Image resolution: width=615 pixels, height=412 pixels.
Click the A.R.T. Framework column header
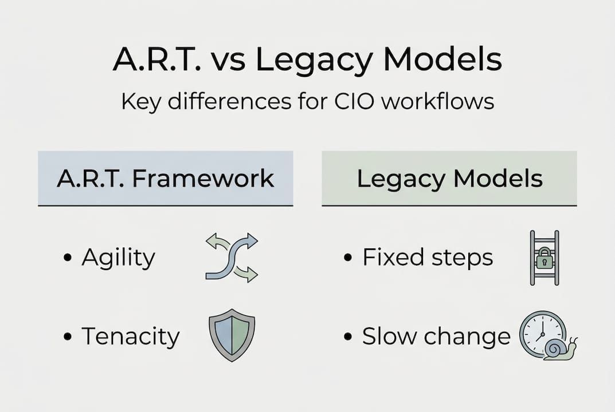click(x=165, y=179)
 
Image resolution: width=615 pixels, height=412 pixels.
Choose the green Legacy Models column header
click(x=449, y=179)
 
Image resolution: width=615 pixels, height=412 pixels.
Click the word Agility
click(x=118, y=258)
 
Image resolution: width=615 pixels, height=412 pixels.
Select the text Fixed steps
click(x=428, y=257)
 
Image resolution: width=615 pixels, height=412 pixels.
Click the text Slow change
click(x=436, y=336)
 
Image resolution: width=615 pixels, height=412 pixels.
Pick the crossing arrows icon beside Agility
click(x=232, y=257)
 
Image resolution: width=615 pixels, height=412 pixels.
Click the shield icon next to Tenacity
click(x=232, y=335)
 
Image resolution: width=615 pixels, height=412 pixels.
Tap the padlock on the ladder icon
click(x=545, y=260)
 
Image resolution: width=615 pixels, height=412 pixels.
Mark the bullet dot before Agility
click(x=68, y=259)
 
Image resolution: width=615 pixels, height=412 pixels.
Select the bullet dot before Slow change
click(x=348, y=337)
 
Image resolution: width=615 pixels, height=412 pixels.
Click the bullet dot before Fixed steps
click(x=348, y=259)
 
